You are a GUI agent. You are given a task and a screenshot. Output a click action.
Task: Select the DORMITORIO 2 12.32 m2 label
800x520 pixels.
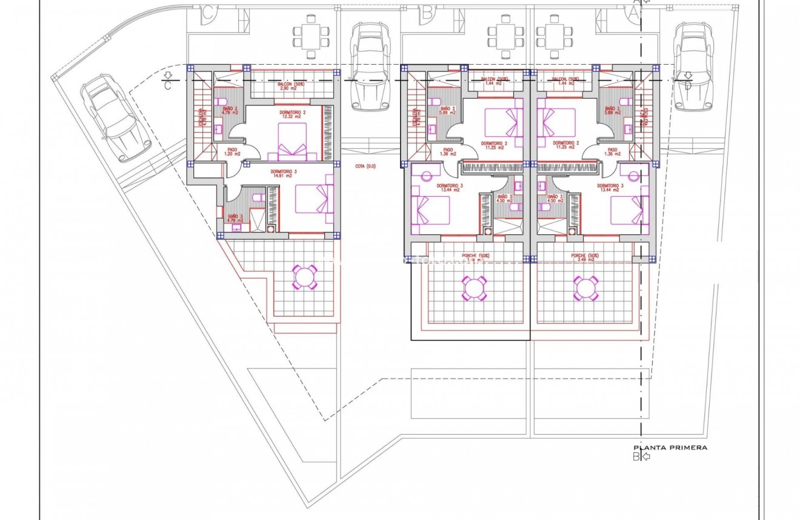pos(293,115)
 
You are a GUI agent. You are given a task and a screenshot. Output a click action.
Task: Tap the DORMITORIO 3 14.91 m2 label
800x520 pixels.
pos(287,174)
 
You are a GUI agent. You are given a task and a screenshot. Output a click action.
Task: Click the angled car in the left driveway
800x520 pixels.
pos(112,117)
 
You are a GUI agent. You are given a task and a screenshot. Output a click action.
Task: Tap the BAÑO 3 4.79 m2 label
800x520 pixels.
pos(235,218)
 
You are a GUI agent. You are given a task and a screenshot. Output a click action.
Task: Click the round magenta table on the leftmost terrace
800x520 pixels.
pos(305,277)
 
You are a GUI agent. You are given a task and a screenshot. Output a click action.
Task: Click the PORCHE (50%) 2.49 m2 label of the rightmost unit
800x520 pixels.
pos(586,258)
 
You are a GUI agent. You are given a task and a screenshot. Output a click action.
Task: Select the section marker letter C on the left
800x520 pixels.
pos(168,85)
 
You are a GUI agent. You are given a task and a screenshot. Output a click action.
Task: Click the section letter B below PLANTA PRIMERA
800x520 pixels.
pos(636,456)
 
